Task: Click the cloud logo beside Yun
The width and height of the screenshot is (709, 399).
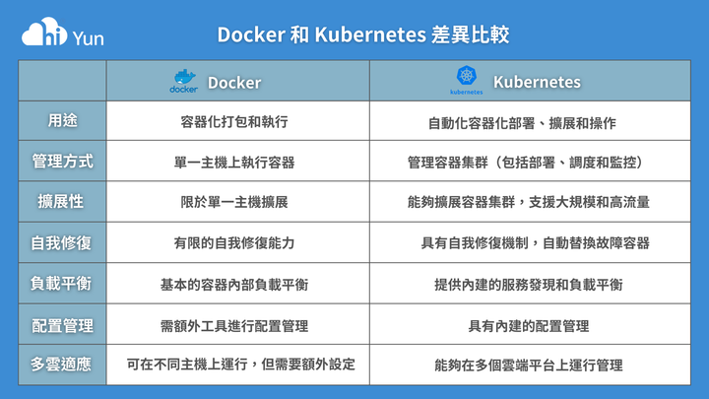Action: (44, 32)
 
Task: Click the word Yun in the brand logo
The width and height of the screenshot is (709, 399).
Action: (89, 38)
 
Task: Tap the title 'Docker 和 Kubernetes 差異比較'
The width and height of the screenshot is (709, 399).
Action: (363, 34)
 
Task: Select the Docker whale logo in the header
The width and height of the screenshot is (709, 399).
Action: (183, 82)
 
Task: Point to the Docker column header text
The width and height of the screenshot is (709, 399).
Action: (234, 83)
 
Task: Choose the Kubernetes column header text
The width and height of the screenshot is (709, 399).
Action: (537, 82)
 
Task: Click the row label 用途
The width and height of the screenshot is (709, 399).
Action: (62, 121)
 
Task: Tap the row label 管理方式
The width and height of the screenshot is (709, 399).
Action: (62, 162)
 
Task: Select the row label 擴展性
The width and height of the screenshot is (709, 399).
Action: (61, 202)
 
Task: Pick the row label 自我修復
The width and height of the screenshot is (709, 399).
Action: (61, 243)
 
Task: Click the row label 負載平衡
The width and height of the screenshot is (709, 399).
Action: (61, 284)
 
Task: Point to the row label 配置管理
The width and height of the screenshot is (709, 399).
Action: (62, 326)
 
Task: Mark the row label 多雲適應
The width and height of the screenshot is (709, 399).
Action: (61, 365)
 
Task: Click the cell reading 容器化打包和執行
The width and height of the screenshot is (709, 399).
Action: (234, 122)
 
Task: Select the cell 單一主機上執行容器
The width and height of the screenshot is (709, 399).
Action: (234, 163)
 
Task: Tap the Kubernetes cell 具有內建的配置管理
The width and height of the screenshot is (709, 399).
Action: (529, 326)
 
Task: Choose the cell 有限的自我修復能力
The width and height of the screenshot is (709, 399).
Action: (234, 243)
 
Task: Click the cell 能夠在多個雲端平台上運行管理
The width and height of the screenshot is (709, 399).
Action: (529, 366)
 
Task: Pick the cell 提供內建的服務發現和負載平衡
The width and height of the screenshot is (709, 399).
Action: (529, 285)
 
